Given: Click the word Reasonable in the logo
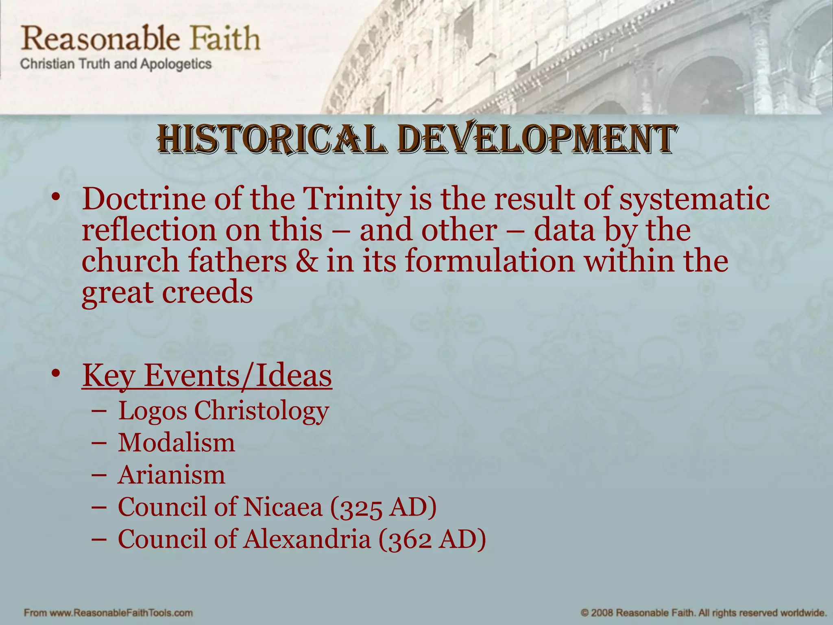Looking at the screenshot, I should click(x=100, y=38).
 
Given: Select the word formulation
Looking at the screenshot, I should click(x=490, y=261).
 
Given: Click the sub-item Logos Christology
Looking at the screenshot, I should click(x=223, y=411).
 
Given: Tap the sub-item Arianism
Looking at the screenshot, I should click(x=171, y=475).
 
